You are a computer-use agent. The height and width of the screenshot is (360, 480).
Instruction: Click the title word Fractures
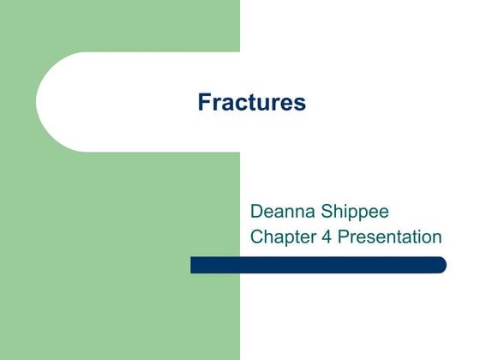251,104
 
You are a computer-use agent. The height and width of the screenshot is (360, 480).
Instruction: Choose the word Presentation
390,237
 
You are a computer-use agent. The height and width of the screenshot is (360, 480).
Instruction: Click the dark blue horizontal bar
317,265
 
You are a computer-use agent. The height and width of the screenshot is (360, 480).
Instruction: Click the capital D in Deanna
256,210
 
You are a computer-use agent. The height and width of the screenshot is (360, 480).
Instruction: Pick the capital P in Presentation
344,237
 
